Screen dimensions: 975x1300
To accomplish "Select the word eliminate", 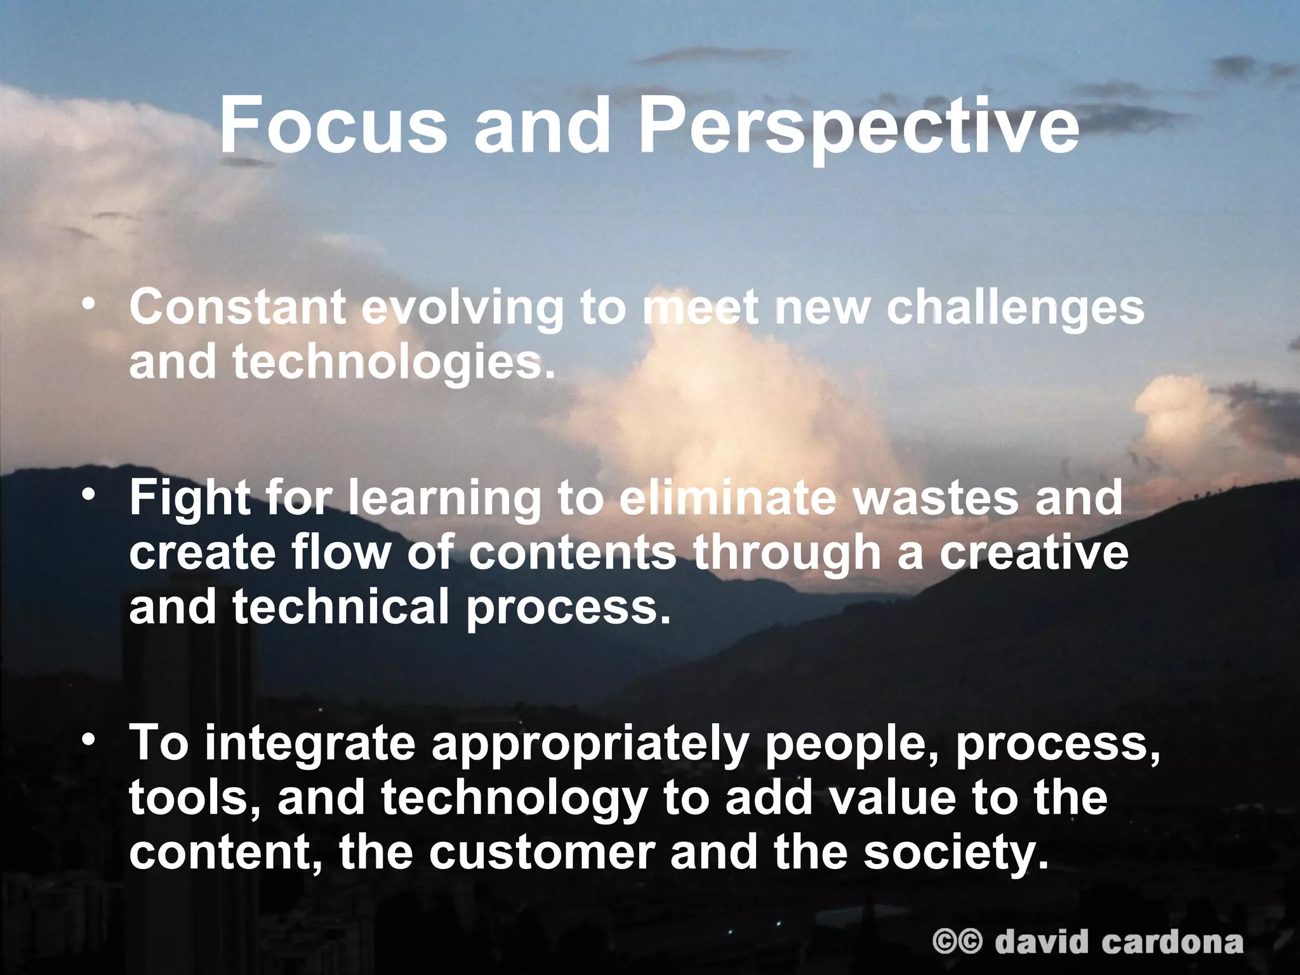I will [x=727, y=499].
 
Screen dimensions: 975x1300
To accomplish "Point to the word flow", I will [x=339, y=552].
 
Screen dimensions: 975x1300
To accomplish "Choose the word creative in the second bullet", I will [x=1034, y=552].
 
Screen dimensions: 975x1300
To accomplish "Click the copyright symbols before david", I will [x=957, y=941].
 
